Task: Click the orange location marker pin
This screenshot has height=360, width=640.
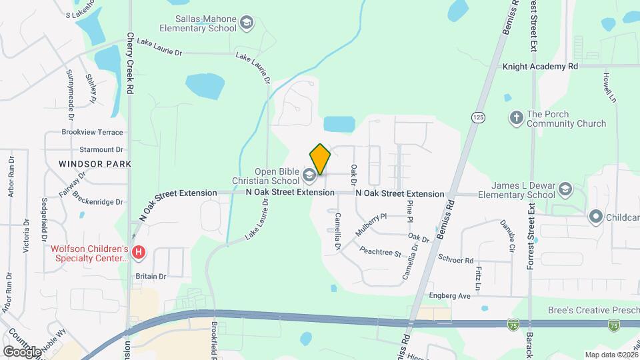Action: (x=320, y=159)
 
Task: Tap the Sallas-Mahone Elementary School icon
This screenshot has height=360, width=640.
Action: (x=247, y=24)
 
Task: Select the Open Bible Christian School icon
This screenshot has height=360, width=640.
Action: (x=309, y=175)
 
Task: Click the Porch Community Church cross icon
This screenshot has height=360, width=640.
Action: (x=515, y=119)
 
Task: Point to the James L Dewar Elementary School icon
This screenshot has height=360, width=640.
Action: (x=566, y=189)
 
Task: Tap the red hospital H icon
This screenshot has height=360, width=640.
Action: (x=139, y=253)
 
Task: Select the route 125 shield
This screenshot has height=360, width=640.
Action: (x=477, y=117)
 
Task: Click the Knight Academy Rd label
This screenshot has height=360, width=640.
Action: (x=540, y=67)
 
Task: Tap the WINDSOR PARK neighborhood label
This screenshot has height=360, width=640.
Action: (x=94, y=163)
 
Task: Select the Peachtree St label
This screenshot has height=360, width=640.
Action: (x=379, y=253)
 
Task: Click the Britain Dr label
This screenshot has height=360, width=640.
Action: (x=150, y=275)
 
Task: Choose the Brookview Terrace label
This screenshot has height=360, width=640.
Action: (x=92, y=133)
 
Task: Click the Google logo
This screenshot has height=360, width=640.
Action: (x=21, y=351)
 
